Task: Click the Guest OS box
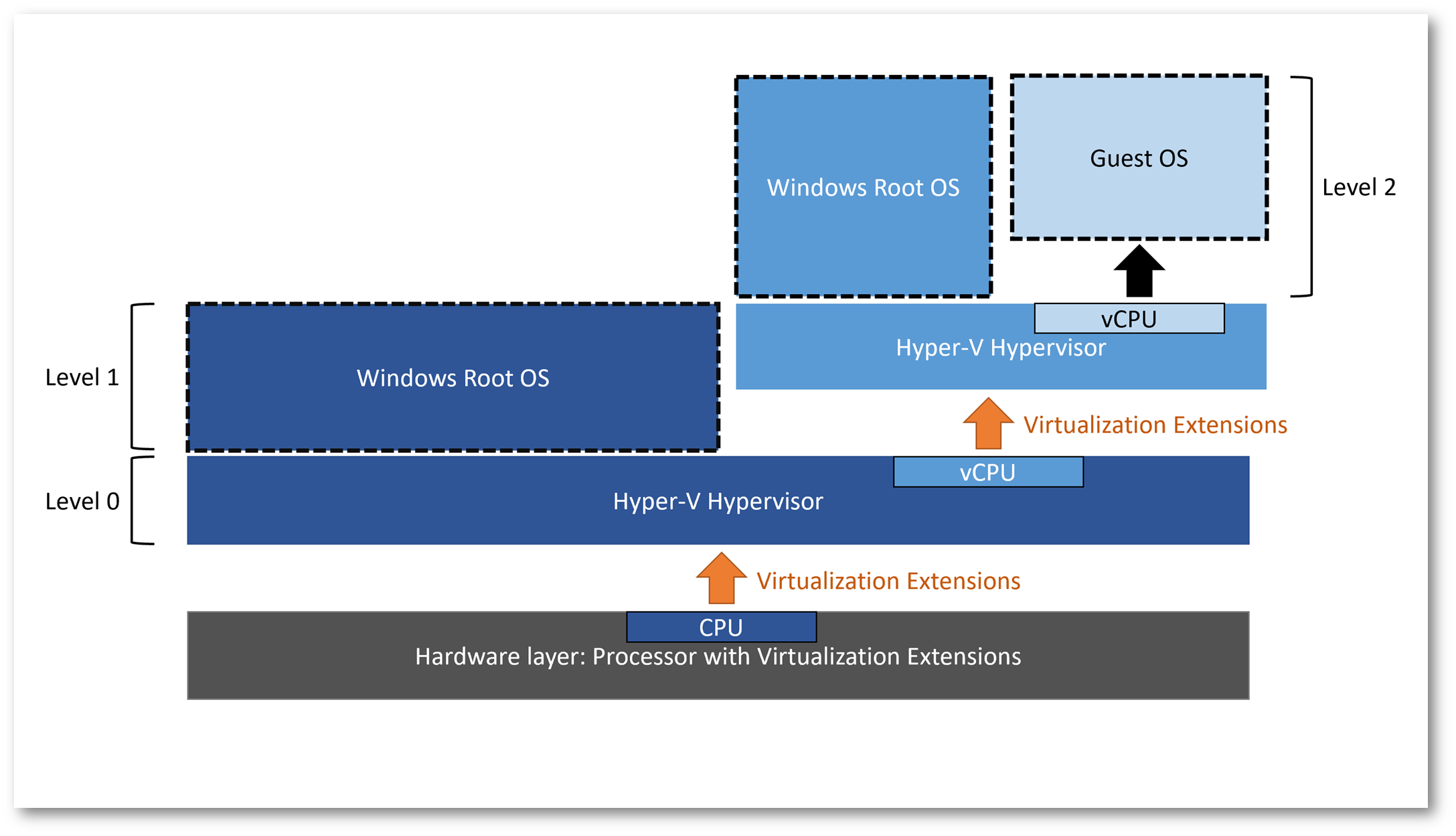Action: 1139,157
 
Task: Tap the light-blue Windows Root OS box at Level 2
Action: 863,186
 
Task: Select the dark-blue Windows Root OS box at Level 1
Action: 453,377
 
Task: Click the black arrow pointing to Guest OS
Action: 1139,271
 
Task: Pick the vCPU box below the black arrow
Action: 1129,318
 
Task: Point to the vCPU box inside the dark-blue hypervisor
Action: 988,472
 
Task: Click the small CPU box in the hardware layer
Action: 721,626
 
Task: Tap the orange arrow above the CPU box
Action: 721,577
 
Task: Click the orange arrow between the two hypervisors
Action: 988,423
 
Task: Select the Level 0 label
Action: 82,501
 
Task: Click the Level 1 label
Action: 82,377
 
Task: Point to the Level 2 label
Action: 1359,187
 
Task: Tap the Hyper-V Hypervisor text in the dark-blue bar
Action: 718,501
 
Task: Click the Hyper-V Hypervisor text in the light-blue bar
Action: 1001,348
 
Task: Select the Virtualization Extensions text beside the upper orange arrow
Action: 1155,425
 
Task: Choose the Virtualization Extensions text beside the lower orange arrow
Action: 888,581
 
